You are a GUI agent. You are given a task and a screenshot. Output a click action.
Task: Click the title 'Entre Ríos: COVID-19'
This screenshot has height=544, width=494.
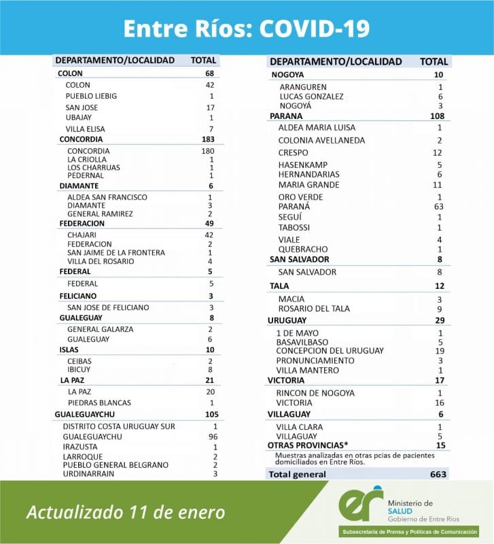click(247, 28)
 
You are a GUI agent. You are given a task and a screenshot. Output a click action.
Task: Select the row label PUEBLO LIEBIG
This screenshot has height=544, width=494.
click(91, 97)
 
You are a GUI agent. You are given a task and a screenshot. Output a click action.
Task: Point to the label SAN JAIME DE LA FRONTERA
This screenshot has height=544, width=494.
click(116, 252)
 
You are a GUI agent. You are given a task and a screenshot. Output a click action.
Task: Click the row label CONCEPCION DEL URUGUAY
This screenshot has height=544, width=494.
click(330, 351)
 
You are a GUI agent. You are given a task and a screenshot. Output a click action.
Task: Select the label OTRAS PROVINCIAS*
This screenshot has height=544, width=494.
click(304, 445)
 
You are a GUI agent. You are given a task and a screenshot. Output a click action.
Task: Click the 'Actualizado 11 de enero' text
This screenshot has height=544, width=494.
click(126, 512)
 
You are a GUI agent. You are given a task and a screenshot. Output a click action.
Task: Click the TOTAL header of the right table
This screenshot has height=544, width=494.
click(433, 61)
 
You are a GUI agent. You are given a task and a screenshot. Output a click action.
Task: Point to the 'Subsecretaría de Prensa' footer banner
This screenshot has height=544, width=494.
click(407, 532)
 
